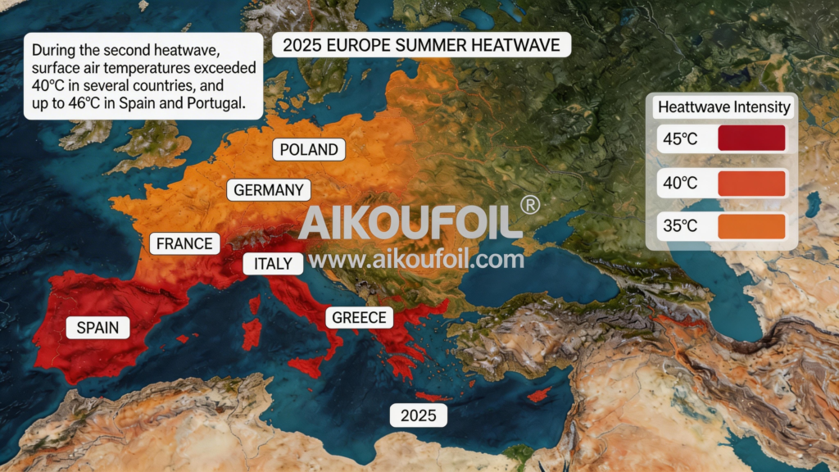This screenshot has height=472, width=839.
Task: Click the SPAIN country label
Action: (98, 329)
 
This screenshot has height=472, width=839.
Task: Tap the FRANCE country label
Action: (184, 243)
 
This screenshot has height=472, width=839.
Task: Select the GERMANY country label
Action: (269, 190)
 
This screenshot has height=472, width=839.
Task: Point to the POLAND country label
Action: (309, 149)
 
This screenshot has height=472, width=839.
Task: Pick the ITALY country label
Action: (273, 264)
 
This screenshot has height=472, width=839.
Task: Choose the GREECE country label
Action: (359, 318)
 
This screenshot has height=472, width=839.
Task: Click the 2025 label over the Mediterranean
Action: (418, 415)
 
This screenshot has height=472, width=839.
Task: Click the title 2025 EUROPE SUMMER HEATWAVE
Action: (421, 45)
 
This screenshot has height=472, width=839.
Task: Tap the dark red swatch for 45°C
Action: (751, 138)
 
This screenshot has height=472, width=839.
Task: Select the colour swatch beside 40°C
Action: (751, 183)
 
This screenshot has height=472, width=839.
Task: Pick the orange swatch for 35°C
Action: (751, 226)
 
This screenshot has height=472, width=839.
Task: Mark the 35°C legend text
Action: (681, 227)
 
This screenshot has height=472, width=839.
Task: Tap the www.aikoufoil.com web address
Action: (416, 260)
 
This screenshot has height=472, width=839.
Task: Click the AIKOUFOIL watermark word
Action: (410, 221)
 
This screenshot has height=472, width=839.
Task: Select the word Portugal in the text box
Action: (215, 104)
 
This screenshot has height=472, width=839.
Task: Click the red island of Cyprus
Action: (538, 395)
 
